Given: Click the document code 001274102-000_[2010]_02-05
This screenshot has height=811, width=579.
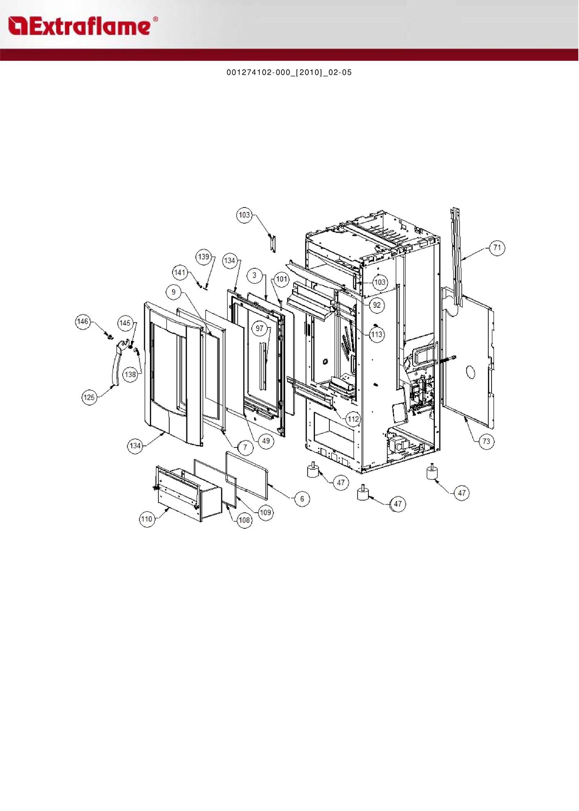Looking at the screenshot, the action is pyautogui.click(x=289, y=73).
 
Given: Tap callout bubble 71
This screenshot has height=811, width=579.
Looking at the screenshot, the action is pyautogui.click(x=497, y=248).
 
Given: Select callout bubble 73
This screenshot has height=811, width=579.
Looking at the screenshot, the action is pyautogui.click(x=486, y=441).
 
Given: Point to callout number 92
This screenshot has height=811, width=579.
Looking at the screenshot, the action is pyautogui.click(x=377, y=305).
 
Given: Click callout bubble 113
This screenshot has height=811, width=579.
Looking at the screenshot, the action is pyautogui.click(x=377, y=334).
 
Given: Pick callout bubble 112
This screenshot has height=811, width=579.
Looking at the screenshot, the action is pyautogui.click(x=353, y=419).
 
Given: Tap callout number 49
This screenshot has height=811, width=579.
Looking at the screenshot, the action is pyautogui.click(x=266, y=441).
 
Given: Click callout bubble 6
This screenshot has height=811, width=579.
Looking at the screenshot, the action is pyautogui.click(x=302, y=499).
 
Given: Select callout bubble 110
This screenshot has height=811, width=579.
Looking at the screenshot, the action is pyautogui.click(x=147, y=519).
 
